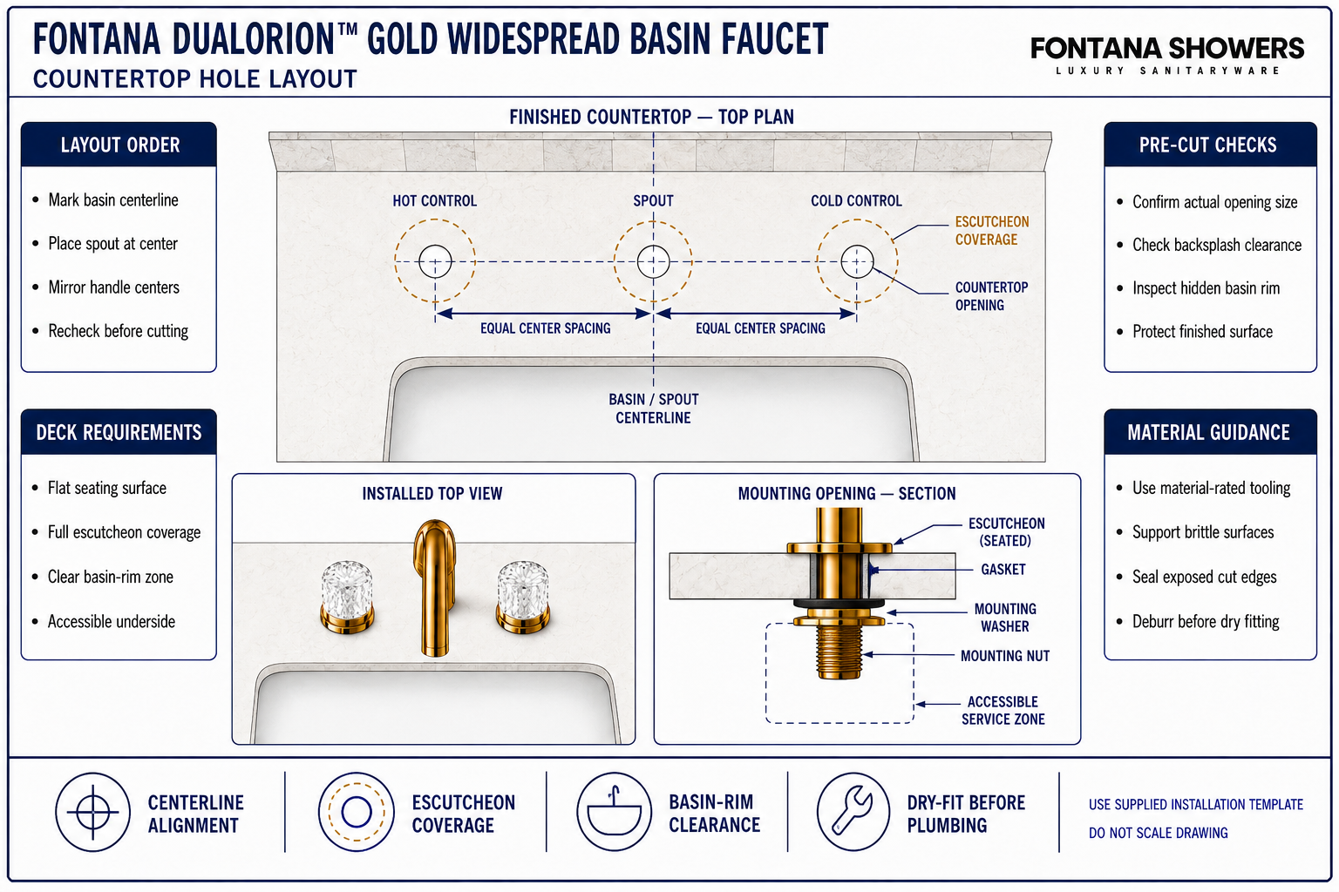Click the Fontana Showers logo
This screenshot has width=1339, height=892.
point(1167,55)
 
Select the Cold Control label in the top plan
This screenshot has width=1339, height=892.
point(856,200)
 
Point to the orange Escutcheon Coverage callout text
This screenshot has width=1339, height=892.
point(992,231)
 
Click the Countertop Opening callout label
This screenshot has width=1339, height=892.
point(991,296)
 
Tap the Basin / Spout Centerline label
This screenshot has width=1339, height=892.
point(653,409)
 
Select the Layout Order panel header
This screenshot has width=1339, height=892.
point(119,145)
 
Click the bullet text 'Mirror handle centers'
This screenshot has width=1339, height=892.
point(113,287)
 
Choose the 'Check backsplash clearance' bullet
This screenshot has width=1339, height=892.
point(1216,245)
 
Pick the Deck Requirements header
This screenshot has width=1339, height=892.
point(119,432)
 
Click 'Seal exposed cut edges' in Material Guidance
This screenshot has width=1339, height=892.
point(1204,577)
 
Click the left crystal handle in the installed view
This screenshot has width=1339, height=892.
point(347,596)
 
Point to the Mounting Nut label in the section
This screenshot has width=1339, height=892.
point(1005,656)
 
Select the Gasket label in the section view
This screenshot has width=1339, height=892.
point(1003,570)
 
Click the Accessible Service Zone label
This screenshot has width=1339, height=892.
point(1003,710)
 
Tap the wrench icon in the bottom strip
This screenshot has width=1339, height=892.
point(853,812)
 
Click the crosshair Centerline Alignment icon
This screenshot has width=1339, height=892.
point(92,812)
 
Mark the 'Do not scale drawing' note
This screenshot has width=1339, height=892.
point(1158,833)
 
